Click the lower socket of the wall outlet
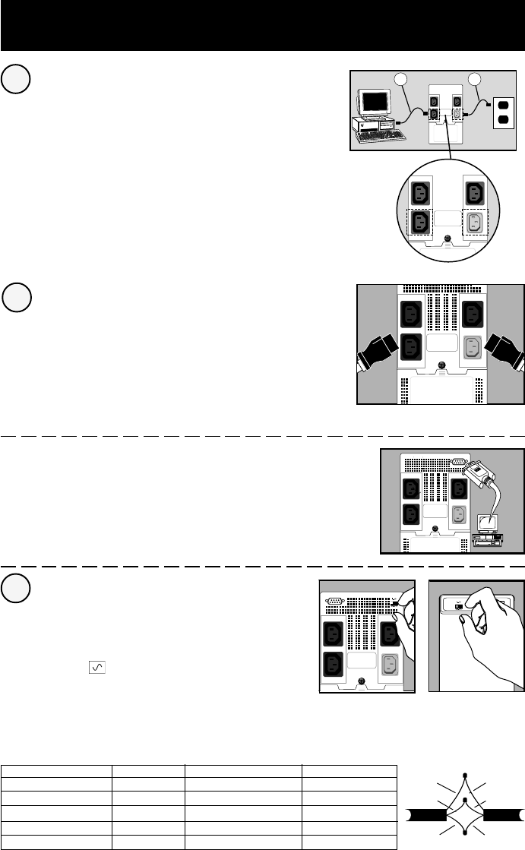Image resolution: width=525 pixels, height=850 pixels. [502, 124]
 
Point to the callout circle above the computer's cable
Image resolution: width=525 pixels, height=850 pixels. [403, 80]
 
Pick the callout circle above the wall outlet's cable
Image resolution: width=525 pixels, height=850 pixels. [476, 80]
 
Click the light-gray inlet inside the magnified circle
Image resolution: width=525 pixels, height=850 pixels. [474, 223]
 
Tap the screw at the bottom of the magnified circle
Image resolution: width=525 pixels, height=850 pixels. [448, 240]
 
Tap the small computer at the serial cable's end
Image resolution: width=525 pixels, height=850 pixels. [489, 530]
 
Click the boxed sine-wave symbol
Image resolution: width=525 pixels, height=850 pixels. [97, 666]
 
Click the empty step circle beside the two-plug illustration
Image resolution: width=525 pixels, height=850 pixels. [17, 297]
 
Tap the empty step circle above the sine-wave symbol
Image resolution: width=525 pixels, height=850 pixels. [17, 589]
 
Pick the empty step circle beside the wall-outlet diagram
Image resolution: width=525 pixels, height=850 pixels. [17, 80]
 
